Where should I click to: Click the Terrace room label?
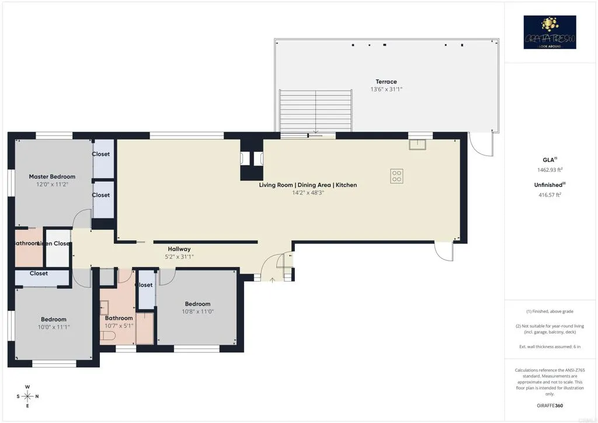pos(386,82)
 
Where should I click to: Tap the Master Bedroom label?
pos(52,176)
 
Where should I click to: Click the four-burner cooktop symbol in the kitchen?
pos(397,176)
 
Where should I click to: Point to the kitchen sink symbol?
pos(417,144)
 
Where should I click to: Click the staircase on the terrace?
pos(316,112)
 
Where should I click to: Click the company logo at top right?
pos(550,32)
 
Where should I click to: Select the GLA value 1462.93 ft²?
pos(550,169)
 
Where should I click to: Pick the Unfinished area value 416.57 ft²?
pos(550,195)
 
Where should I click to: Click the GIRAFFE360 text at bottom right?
pos(550,405)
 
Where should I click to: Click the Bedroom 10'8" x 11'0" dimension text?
pos(197,312)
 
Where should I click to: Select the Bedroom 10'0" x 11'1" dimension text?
pos(53,327)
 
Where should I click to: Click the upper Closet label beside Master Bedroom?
pos(100,154)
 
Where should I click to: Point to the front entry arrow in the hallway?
pos(273,279)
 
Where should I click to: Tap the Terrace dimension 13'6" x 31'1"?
pos(386,89)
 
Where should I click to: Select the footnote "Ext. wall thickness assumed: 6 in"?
pos(550,347)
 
